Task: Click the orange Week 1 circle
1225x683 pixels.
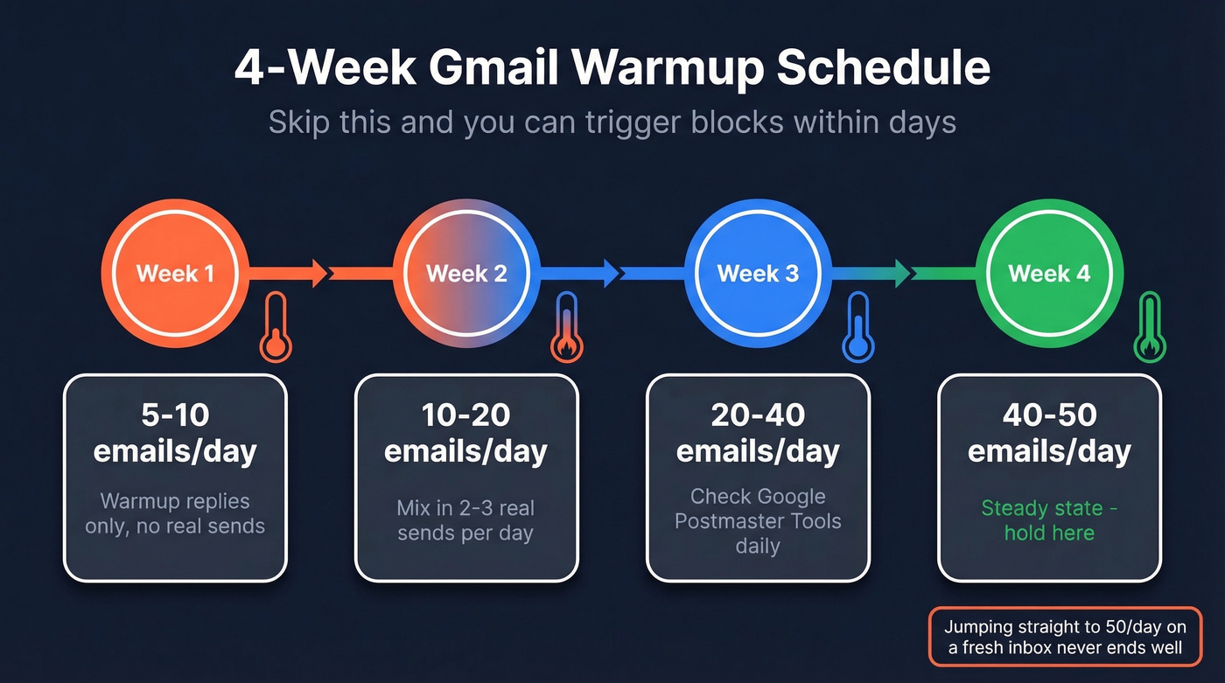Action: [x=175, y=274]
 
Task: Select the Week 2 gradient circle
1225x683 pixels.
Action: [x=466, y=274]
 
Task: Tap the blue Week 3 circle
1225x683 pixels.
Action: [x=758, y=274]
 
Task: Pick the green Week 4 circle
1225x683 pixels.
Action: [x=1049, y=274]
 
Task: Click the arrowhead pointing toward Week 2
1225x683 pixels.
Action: [x=316, y=274]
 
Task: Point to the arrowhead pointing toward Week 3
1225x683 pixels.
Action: [x=608, y=274]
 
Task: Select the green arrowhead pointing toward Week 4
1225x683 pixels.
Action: [x=899, y=274]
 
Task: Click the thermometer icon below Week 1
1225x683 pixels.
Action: [x=276, y=328]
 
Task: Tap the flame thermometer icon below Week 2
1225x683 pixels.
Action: [x=567, y=328]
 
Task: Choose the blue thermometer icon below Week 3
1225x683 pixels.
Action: [x=858, y=328]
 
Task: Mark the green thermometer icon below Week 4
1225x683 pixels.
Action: [x=1150, y=328]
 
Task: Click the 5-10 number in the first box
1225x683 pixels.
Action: [x=175, y=415]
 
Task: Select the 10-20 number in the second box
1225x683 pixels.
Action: [x=466, y=415]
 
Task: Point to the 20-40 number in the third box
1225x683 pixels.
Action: [x=758, y=415]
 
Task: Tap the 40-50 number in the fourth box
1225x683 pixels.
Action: [x=1049, y=415]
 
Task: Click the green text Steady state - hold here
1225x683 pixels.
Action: [x=1049, y=520]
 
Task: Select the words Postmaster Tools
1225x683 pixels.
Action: [x=758, y=521]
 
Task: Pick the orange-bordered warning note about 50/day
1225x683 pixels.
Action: [x=1065, y=637]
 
